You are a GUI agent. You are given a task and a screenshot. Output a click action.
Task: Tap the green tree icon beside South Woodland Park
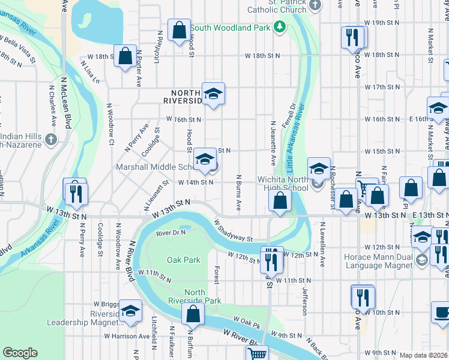coord(279,27)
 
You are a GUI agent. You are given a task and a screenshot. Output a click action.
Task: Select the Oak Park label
coord(182,260)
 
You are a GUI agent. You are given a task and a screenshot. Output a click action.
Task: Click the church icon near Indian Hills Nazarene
coord(50,140)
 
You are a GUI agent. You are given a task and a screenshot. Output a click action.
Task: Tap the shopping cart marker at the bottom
coord(257,353)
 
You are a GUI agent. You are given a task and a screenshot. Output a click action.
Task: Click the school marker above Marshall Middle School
coord(205,159)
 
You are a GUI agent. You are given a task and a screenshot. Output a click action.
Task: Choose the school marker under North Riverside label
coord(212,93)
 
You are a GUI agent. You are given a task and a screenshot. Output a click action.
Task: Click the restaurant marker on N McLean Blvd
coord(76,192)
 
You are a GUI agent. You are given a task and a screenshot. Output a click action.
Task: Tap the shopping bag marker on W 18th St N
coord(125,56)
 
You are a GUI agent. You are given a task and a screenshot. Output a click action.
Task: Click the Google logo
coord(20,353)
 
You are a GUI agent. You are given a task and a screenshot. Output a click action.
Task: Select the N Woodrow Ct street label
coord(110,125)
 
